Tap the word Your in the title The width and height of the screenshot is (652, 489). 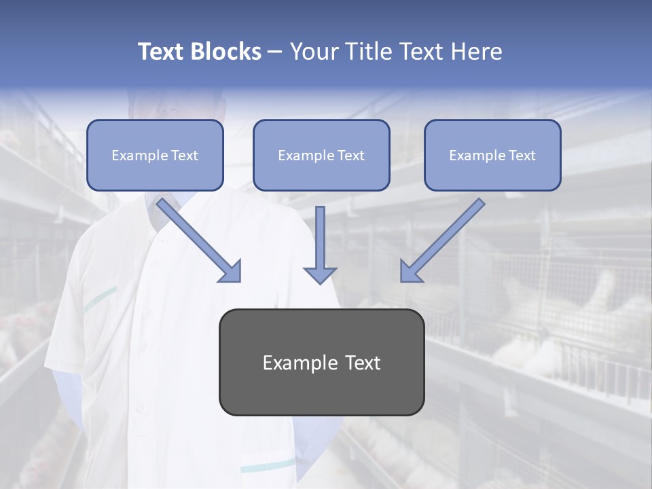314,52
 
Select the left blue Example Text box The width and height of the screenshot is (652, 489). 155,156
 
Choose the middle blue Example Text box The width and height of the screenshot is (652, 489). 321,156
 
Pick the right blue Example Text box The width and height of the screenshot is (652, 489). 492,156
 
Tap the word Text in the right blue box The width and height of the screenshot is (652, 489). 522,156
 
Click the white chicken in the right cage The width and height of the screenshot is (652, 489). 598,292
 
